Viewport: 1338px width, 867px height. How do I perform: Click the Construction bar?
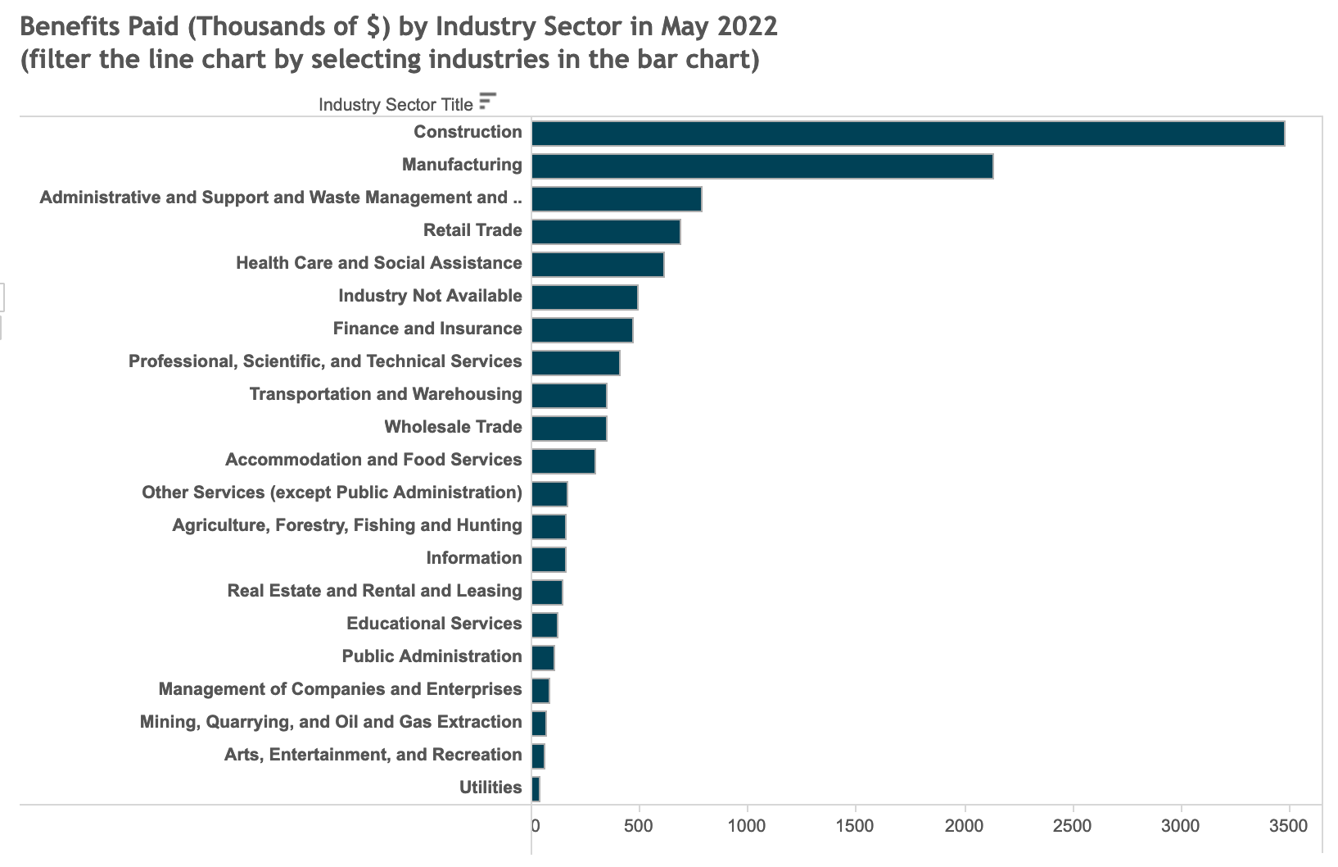pyautogui.click(x=907, y=134)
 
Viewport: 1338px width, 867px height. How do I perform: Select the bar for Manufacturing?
pyautogui.click(x=762, y=166)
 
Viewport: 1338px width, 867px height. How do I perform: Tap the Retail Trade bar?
pyautogui.click(x=606, y=232)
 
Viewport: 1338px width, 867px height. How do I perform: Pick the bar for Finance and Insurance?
pyautogui.click(x=582, y=330)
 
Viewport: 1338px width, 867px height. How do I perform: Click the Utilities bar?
pyautogui.click(x=536, y=789)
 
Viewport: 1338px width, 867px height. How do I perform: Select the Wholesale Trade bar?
pyautogui.click(x=569, y=429)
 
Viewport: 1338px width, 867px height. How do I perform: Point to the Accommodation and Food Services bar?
pyautogui.click(x=563, y=461)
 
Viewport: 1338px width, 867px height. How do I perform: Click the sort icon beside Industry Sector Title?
pyautogui.click(x=487, y=101)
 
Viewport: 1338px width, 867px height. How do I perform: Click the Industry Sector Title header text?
pyautogui.click(x=396, y=105)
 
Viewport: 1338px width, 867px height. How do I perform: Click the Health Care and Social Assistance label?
pyautogui.click(x=378, y=263)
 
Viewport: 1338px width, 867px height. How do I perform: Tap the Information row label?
pyautogui.click(x=473, y=558)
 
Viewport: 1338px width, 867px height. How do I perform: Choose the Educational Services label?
pyautogui.click(x=434, y=624)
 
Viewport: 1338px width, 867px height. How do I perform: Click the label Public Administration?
pyautogui.click(x=432, y=656)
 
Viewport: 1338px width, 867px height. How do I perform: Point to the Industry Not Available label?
pyautogui.click(x=430, y=296)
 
